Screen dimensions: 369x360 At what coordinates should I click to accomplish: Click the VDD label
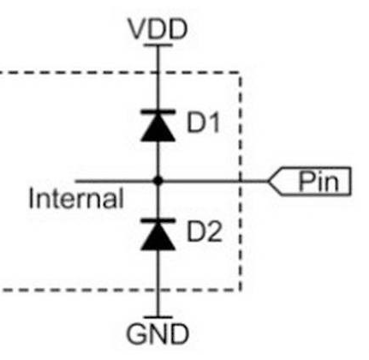[158, 29]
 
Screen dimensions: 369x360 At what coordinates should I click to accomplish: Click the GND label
[158, 333]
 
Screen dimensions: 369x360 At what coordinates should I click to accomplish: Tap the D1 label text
[203, 123]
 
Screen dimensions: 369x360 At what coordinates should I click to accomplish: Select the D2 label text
[204, 231]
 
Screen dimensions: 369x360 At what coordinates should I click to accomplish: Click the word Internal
[76, 198]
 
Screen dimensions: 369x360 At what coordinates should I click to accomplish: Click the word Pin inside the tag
[318, 182]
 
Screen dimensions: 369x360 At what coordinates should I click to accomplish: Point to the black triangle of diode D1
[158, 128]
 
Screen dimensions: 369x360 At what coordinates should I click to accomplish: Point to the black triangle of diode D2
[158, 237]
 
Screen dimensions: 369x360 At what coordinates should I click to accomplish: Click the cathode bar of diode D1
[158, 112]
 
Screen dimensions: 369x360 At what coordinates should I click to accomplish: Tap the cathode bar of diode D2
[158, 221]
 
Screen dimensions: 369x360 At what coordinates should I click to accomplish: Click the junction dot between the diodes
[158, 181]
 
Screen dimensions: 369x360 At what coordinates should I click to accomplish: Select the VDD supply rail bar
[158, 45]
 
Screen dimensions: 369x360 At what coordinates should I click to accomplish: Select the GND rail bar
[158, 317]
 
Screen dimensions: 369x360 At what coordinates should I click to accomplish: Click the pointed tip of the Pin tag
[268, 181]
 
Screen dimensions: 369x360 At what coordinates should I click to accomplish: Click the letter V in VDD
[139, 29]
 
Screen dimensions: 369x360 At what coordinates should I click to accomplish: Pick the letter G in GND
[137, 333]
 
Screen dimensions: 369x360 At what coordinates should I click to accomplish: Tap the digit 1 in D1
[213, 123]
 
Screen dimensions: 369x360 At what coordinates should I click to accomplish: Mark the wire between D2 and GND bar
[158, 283]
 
